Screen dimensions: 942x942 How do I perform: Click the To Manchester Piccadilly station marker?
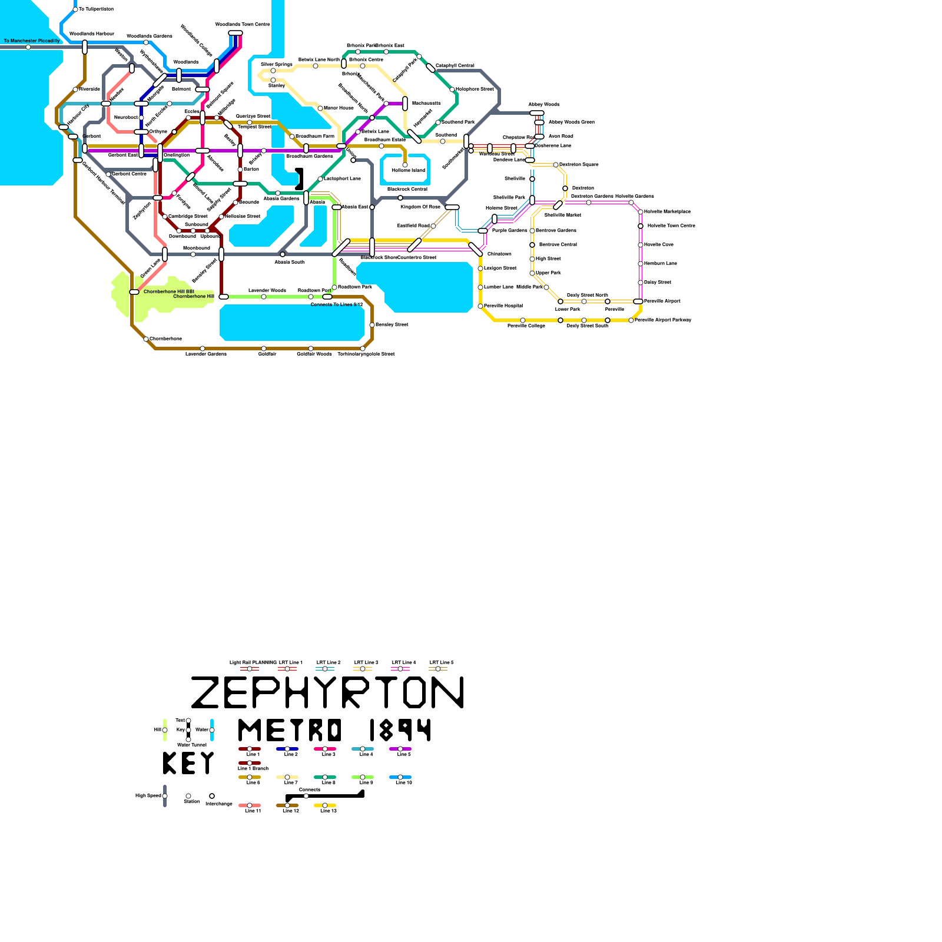[x=28, y=47]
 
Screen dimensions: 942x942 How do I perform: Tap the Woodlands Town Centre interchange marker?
[x=235, y=33]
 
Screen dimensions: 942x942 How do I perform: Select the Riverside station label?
[x=89, y=89]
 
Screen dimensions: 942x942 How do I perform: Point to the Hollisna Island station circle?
[x=405, y=165]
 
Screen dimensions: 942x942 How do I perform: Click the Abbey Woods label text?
[x=543, y=104]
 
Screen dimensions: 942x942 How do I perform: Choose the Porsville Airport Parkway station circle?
[x=631, y=320]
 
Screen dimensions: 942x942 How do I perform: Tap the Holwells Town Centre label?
[x=671, y=225]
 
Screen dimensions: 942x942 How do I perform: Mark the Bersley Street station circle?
[x=372, y=325]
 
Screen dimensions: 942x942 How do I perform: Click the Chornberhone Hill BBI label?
[x=168, y=291]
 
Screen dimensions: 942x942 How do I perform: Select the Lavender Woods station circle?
[x=264, y=297]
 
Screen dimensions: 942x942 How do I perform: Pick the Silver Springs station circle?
[x=273, y=71]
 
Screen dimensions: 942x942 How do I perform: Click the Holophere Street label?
[x=475, y=89]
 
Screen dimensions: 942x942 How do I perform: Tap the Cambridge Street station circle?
[x=165, y=217]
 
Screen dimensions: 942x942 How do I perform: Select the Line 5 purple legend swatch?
[x=400, y=749]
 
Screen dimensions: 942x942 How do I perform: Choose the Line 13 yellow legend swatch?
[x=325, y=805]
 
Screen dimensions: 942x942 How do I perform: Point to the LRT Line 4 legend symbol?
[x=400, y=669]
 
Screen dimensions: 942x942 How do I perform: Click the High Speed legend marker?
[x=165, y=796]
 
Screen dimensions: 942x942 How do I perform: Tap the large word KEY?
[x=188, y=764]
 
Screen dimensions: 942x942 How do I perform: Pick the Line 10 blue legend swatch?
[x=400, y=777]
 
